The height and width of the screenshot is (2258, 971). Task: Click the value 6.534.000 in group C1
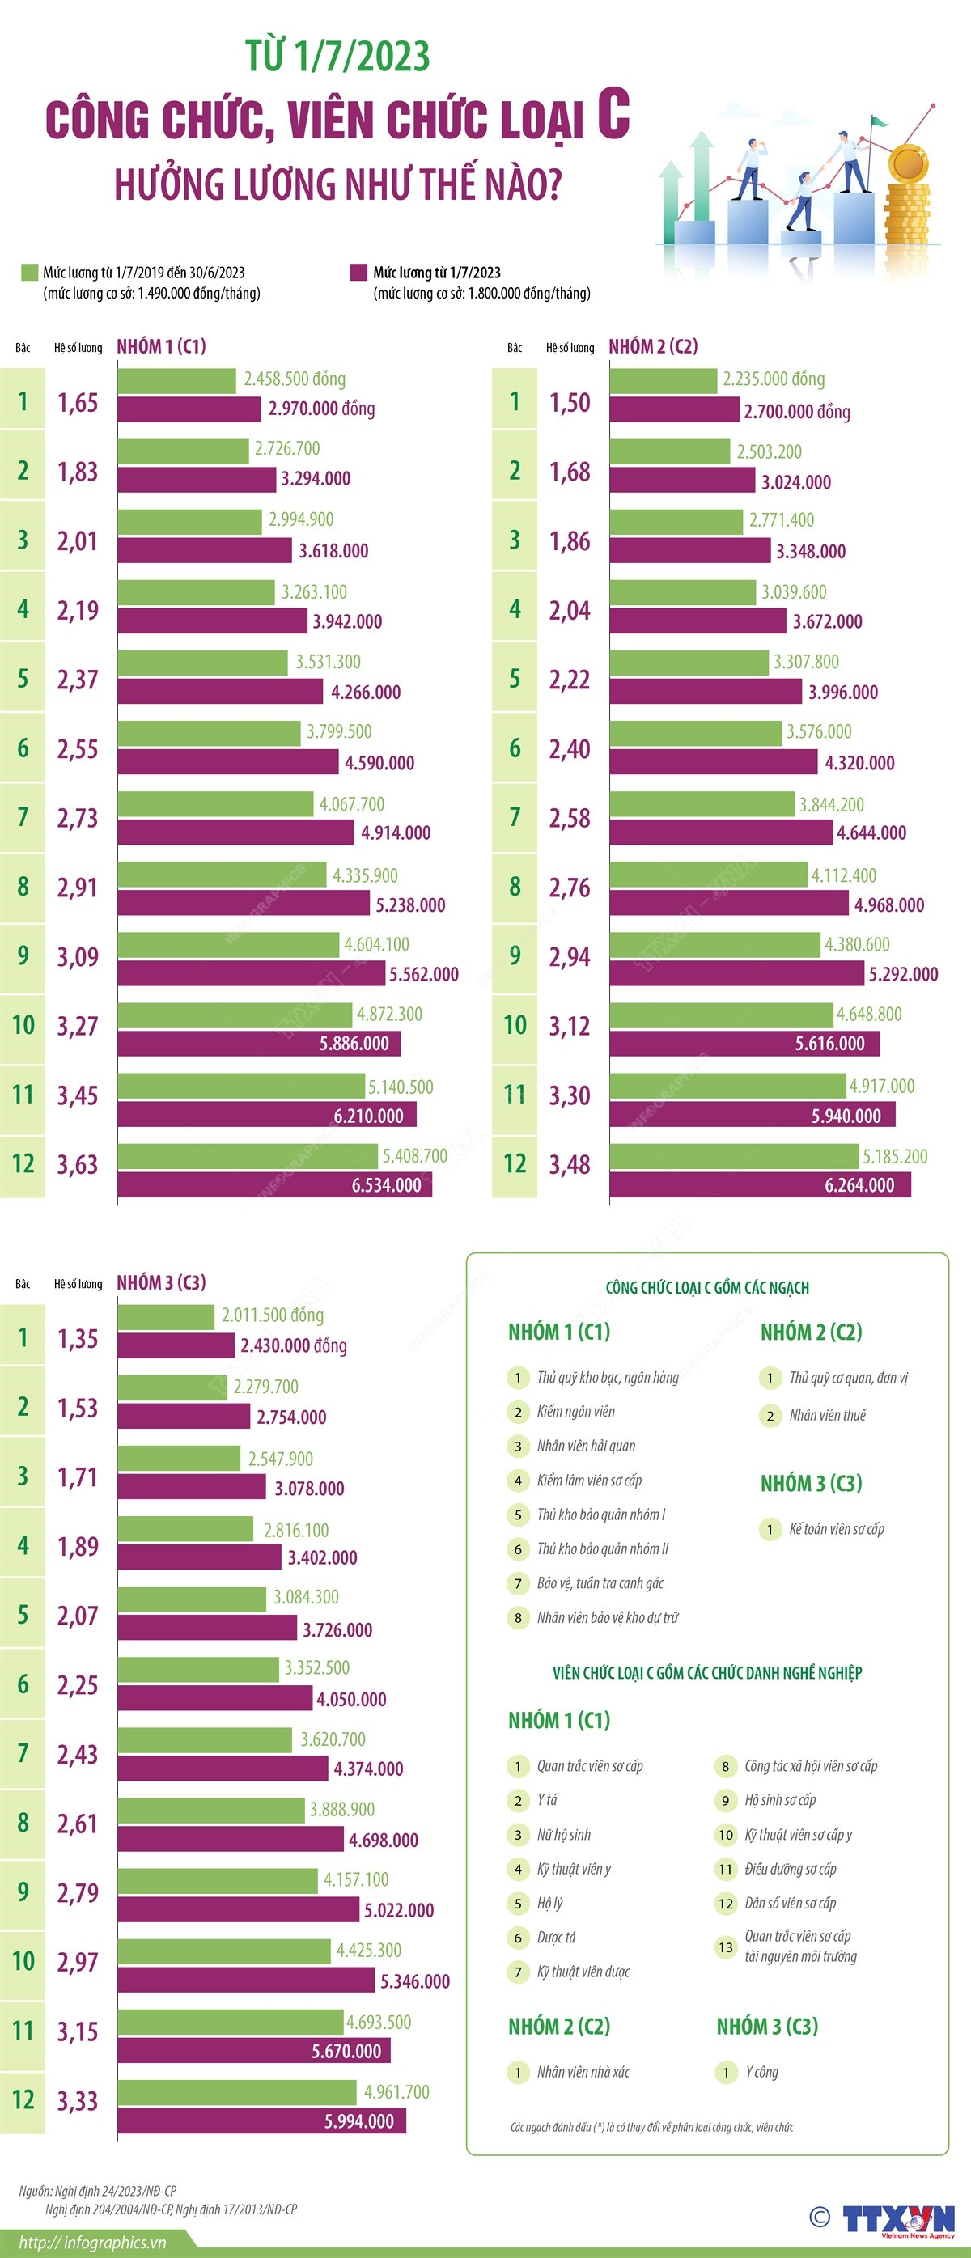387,1185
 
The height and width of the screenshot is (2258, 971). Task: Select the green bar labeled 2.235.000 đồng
664,380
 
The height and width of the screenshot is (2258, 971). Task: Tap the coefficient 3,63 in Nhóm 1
78,1165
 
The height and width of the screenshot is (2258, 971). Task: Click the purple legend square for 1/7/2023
358,273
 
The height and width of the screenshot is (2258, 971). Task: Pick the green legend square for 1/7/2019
30,273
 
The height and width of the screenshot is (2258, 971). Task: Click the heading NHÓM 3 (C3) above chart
161,1282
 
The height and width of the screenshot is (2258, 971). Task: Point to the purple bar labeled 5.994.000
261,2121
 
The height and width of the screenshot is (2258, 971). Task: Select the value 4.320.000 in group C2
859,763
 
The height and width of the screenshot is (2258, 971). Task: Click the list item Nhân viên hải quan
585,1446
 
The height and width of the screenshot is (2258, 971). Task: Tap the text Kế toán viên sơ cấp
836,1529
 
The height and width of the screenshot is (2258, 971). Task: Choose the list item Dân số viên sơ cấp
790,1903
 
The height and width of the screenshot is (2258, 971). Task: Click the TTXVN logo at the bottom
897,2219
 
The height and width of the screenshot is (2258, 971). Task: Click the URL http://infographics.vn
83,2242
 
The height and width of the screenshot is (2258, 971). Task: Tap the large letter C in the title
613,114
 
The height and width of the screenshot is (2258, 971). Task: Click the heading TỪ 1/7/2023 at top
337,56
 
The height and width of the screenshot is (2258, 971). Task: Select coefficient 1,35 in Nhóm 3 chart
78,1338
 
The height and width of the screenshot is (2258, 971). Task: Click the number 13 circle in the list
726,1947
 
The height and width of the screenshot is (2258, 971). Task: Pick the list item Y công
761,2071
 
